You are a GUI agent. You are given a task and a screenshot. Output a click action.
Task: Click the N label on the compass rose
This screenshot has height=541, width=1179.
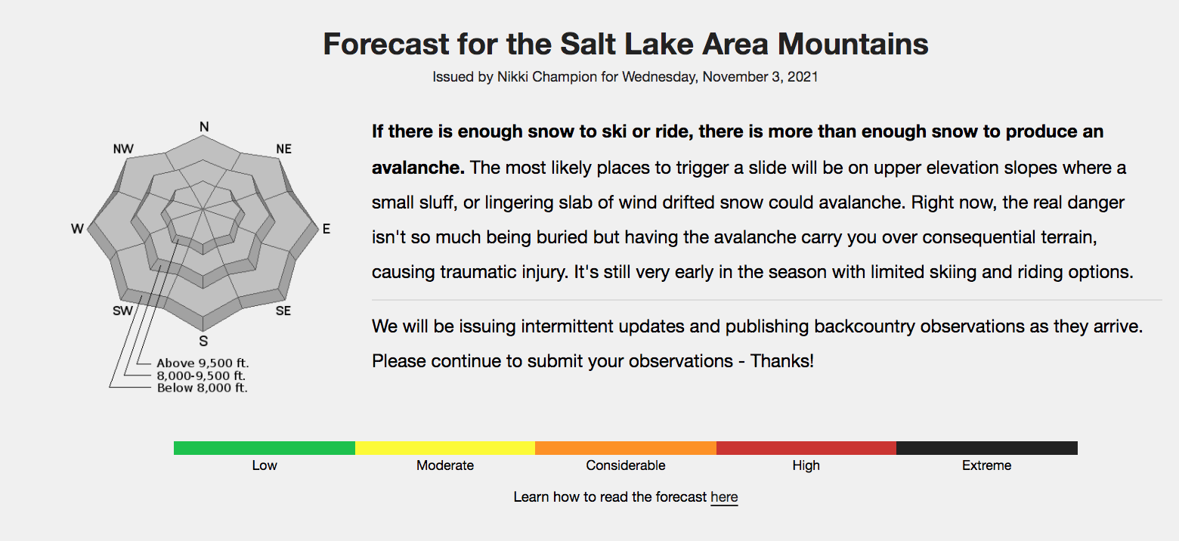pos(204,127)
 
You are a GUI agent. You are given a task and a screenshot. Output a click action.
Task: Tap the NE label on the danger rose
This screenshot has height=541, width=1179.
pos(283,149)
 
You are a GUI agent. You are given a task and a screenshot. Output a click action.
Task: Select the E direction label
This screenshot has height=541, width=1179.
pos(326,229)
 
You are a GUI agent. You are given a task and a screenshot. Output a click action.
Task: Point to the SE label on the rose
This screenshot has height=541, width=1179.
pos(283,311)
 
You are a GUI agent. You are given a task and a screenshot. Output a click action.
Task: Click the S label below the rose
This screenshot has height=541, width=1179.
pos(204,341)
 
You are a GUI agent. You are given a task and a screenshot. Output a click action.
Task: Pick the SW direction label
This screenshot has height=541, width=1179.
pos(122,311)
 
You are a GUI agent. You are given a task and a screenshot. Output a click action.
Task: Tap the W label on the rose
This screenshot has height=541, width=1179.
pos(77,229)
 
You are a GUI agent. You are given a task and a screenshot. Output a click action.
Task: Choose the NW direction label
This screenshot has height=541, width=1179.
pos(124,149)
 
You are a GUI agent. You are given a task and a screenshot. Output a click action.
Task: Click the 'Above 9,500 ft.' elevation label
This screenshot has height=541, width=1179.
pos(203,363)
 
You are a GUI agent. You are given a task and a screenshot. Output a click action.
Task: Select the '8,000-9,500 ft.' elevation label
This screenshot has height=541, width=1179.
pos(201,376)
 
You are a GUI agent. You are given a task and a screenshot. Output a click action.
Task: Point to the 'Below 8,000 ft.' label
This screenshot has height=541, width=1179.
pos(202,388)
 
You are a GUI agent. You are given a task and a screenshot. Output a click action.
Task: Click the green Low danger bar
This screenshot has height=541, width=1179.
pos(265,448)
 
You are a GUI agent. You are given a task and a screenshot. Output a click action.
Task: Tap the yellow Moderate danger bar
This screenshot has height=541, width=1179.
pos(445,448)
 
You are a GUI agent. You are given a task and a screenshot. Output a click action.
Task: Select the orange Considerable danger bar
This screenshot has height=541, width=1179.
pos(626,448)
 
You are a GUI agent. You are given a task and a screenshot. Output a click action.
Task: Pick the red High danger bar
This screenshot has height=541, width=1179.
pos(806,448)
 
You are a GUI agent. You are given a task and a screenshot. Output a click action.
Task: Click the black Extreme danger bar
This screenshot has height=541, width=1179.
pos(987,448)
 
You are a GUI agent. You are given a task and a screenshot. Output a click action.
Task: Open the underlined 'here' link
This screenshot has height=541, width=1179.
pos(724,497)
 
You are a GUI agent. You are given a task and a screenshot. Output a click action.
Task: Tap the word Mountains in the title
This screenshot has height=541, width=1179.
pos(853,44)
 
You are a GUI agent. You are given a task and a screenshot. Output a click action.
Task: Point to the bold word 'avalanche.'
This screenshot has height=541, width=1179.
pos(418,167)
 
